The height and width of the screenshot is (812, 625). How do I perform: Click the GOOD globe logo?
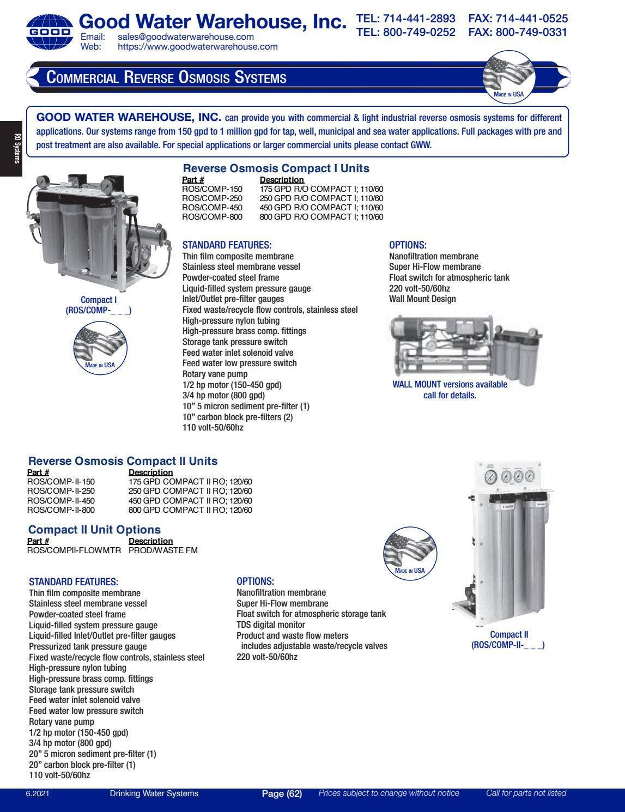click(49, 32)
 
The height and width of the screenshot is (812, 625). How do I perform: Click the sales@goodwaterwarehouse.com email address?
click(185, 37)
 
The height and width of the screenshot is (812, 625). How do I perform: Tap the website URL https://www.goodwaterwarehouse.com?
click(197, 47)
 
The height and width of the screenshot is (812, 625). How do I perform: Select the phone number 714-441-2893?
click(419, 19)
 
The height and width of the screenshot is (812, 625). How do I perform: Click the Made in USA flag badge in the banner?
click(509, 76)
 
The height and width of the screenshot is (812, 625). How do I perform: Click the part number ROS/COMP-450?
click(212, 208)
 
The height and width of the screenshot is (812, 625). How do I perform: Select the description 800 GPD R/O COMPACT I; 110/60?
click(321, 217)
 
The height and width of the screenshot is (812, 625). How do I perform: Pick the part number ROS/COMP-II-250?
click(60, 491)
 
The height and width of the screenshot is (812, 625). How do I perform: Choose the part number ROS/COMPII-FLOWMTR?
click(74, 550)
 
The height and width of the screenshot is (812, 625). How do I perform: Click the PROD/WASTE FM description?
click(163, 550)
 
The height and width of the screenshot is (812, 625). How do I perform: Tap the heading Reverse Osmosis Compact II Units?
click(123, 461)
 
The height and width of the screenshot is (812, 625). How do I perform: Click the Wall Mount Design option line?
click(422, 299)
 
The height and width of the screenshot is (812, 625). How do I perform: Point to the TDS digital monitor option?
click(270, 625)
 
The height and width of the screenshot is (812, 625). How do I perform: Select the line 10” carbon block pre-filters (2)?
click(237, 417)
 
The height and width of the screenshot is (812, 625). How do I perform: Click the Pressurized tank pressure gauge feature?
click(88, 646)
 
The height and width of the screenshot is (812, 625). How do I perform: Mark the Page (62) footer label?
click(282, 793)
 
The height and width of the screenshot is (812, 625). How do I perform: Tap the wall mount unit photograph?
click(466, 346)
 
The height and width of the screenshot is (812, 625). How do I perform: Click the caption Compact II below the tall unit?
click(509, 634)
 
